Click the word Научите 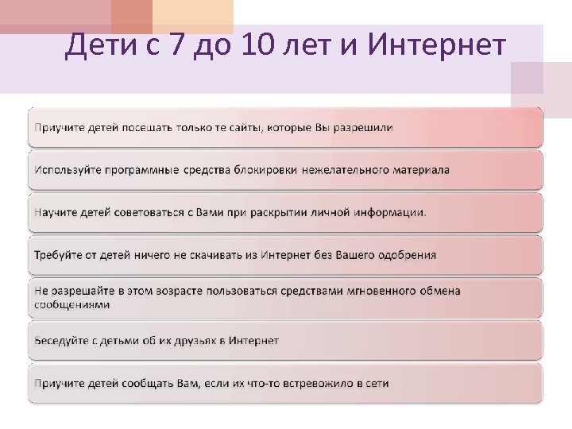pyautogui.click(x=56, y=212)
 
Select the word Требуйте pyautogui.click(x=57, y=255)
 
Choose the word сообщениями pyautogui.click(x=71, y=304)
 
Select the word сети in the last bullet pyautogui.click(x=376, y=383)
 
